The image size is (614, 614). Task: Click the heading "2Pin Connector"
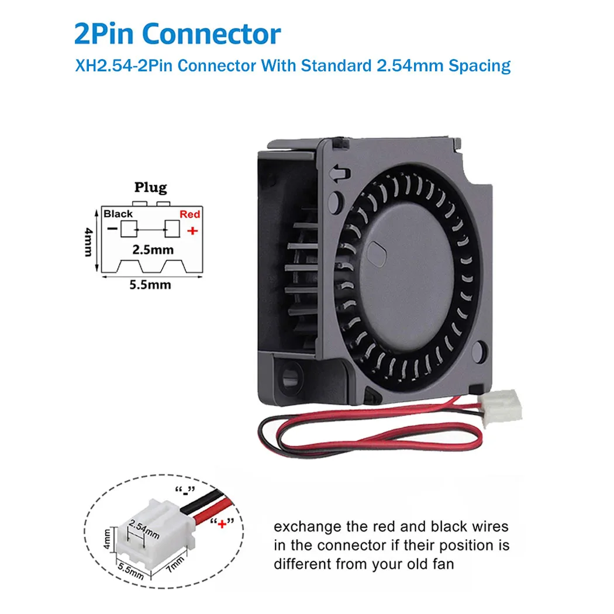(177, 35)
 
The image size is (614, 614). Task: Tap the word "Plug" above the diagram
(150, 188)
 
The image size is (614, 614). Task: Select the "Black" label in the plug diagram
(118, 214)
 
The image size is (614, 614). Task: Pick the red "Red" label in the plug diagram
(189, 215)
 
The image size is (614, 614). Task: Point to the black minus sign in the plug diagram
(112, 229)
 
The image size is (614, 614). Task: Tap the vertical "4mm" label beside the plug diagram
(88, 242)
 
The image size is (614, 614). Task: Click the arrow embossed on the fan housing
(337, 174)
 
